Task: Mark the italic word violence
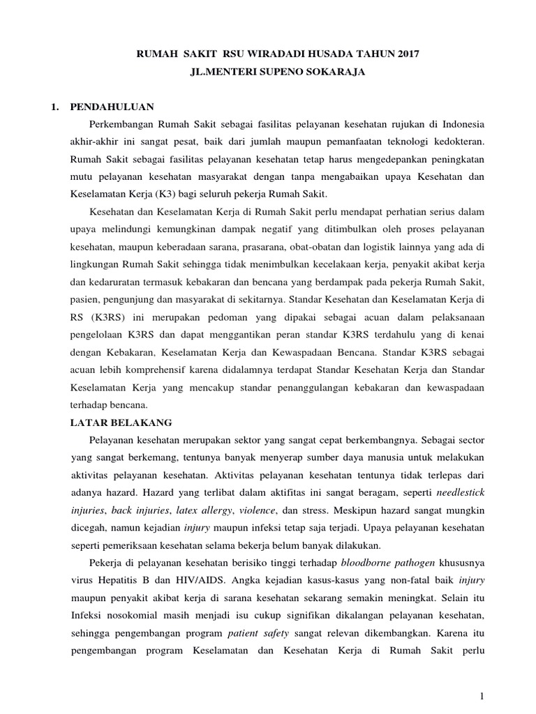point(266,510)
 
